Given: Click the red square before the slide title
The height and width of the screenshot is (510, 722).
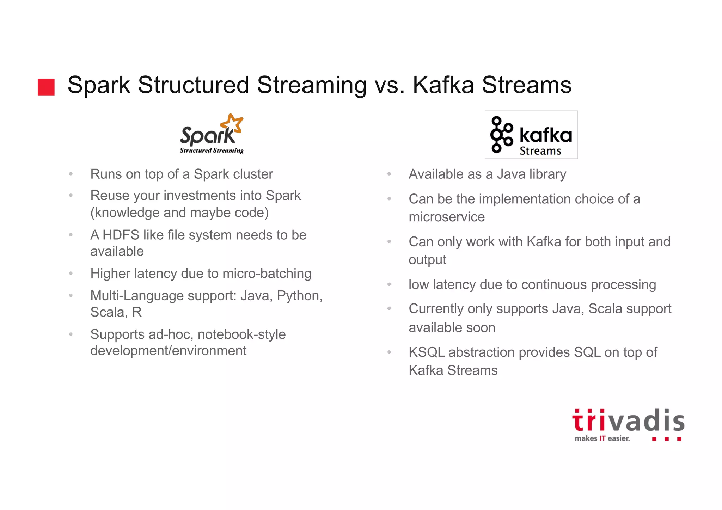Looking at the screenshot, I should tap(46, 87).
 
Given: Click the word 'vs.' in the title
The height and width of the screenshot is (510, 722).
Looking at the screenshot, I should tap(390, 85).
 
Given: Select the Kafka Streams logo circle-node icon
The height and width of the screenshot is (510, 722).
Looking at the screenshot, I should tap(501, 135).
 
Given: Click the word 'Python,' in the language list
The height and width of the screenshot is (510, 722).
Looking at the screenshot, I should tap(299, 296).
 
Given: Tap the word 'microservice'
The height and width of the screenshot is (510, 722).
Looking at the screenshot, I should tap(447, 217).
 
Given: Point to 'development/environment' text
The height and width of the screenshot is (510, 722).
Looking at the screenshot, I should tap(168, 351).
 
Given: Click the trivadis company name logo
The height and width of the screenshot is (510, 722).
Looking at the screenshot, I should tap(628, 421).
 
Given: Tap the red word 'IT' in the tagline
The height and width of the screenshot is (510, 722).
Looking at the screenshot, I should tap(602, 438).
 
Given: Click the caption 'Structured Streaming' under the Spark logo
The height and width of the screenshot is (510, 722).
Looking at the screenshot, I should tap(212, 150).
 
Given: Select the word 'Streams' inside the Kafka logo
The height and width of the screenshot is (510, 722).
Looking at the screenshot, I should tap(540, 151).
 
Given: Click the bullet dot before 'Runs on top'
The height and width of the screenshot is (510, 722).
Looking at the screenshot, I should tap(71, 174).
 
